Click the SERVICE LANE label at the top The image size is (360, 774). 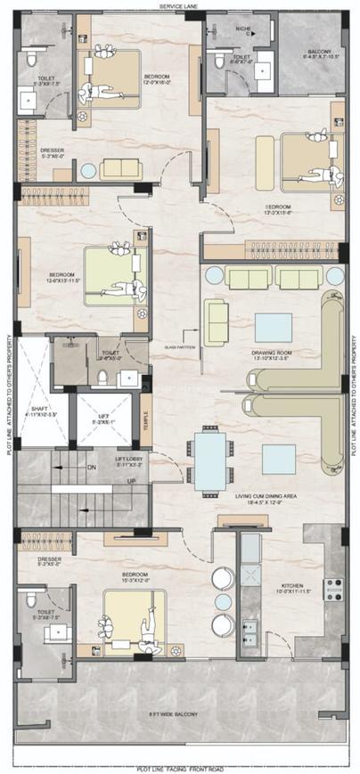tap(178, 5)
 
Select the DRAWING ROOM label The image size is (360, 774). tap(274, 353)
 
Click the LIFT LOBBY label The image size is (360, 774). tap(130, 460)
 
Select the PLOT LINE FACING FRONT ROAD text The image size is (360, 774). tap(180, 768)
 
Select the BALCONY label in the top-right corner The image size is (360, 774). tap(320, 52)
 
